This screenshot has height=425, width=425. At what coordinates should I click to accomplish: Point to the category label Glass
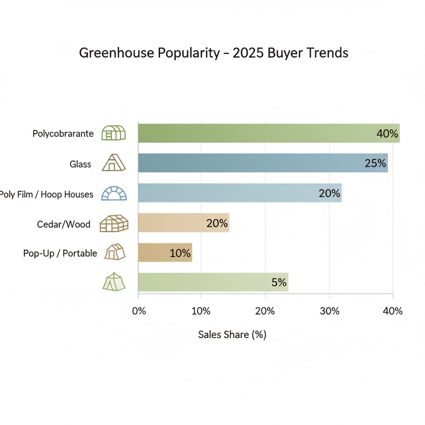(x=80, y=164)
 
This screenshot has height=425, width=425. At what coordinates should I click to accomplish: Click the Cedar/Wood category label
(x=64, y=224)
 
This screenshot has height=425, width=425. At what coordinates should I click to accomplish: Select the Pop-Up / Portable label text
(x=60, y=253)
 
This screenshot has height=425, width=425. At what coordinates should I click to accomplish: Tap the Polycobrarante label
(x=63, y=134)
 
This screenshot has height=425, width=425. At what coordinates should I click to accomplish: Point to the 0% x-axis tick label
(x=139, y=311)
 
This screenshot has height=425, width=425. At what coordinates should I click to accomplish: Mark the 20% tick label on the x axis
(x=265, y=311)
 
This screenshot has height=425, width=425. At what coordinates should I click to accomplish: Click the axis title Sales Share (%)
(x=232, y=335)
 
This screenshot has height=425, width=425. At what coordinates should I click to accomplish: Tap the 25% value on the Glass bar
(x=375, y=164)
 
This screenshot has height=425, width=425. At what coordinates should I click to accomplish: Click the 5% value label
(x=279, y=283)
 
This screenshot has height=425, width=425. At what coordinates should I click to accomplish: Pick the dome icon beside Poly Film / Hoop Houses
(x=114, y=193)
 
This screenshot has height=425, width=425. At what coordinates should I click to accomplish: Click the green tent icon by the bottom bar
(x=114, y=282)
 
